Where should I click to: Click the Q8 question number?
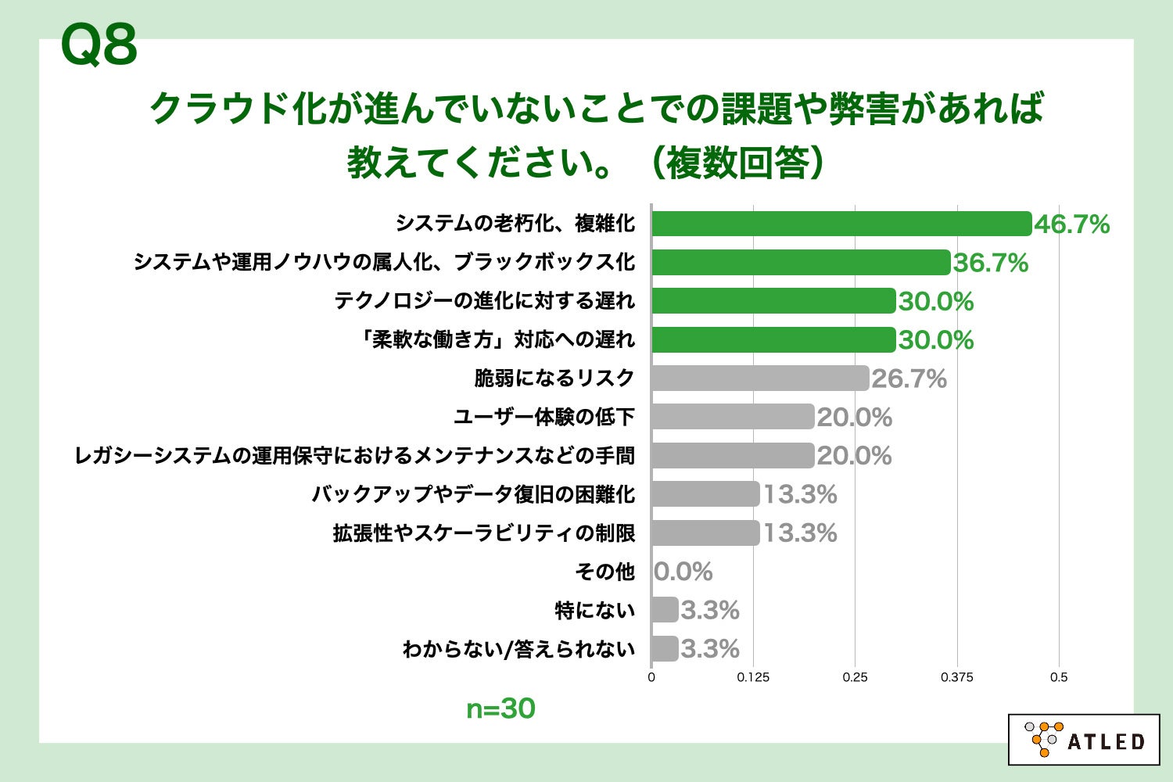pos(99,45)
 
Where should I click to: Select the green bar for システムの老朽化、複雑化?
pos(841,224)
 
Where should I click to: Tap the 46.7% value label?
pos(1071,224)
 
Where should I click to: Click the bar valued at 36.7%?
pos(801,263)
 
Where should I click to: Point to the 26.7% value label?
pos(909,378)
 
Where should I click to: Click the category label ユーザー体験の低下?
pos(544,417)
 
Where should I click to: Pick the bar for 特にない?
pos(665,610)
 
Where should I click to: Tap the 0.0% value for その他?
pos(683,572)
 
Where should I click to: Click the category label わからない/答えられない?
pos(518,649)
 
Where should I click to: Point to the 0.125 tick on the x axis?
pos(753,677)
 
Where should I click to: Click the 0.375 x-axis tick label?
pos(956,677)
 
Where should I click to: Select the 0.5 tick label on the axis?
pos(1059,677)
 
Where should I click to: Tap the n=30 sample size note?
pos(500,708)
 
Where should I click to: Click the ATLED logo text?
pos(1106,741)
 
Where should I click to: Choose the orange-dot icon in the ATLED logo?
pos(1042,739)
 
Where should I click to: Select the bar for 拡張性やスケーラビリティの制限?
pos(705,533)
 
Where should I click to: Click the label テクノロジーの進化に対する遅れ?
pos(485,301)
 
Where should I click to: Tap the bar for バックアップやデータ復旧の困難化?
pos(705,494)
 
